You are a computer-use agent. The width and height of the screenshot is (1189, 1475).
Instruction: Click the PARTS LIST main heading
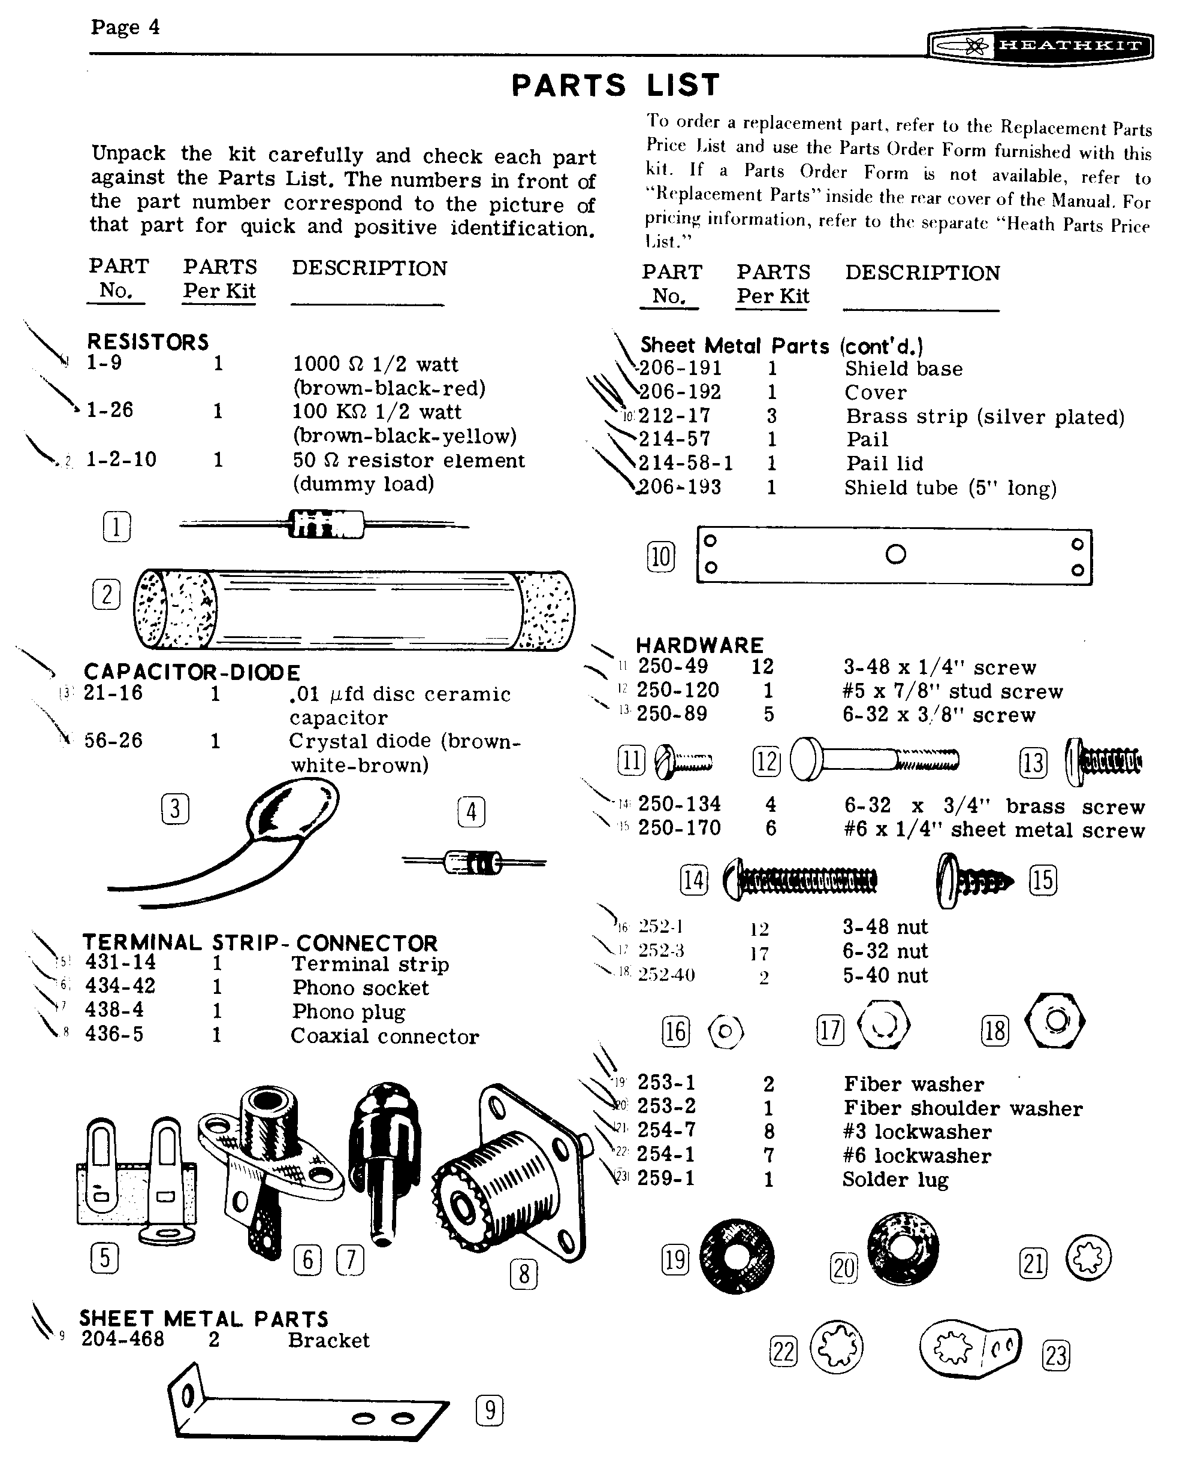(615, 86)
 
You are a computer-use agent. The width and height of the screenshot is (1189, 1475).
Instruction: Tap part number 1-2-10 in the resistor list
(121, 459)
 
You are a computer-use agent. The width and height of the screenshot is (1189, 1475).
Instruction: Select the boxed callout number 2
(106, 594)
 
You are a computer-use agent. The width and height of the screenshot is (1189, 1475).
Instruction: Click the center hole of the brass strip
(895, 554)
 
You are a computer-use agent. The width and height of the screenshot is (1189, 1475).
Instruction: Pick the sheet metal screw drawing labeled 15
(973, 881)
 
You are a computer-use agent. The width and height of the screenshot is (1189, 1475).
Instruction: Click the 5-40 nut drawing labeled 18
(1055, 1021)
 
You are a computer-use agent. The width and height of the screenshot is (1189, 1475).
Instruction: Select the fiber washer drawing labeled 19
(737, 1256)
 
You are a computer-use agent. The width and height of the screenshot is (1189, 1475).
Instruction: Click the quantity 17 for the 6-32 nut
(759, 953)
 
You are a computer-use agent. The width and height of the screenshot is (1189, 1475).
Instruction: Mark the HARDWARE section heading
(699, 645)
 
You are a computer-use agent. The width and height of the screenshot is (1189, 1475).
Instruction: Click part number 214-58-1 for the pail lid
(686, 463)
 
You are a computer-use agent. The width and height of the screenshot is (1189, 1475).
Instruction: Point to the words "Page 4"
(125, 28)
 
